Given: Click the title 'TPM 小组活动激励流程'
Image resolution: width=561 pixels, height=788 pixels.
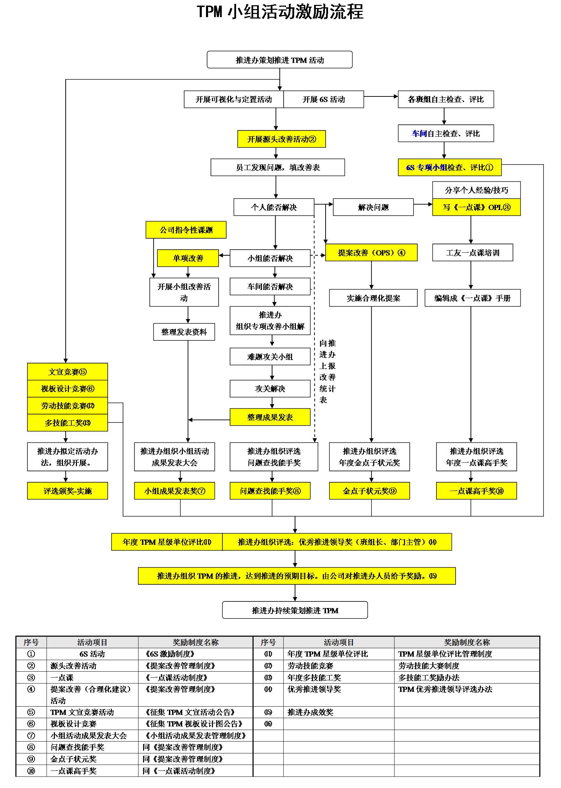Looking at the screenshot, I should pyautogui.click(x=280, y=12).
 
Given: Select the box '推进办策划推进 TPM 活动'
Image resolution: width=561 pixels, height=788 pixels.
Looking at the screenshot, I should pyautogui.click(x=279, y=60).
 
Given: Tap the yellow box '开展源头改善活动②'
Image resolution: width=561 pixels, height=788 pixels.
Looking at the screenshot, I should pyautogui.click(x=282, y=139).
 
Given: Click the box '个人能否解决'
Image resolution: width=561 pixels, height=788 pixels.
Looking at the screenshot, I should pyautogui.click(x=274, y=207).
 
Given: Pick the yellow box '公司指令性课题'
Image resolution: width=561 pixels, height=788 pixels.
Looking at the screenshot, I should pyautogui.click(x=186, y=230).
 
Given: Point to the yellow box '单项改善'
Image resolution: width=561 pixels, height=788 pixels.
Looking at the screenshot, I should pyautogui.click(x=188, y=258).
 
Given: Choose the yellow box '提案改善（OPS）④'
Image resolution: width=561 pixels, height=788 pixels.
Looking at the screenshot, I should pyautogui.click(x=371, y=253).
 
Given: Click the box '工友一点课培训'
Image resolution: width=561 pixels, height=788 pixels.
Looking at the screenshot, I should pyautogui.click(x=473, y=253).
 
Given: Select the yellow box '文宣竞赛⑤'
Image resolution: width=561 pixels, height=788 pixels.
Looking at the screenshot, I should pyautogui.click(x=68, y=372).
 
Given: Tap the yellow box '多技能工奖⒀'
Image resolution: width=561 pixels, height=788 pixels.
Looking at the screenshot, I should pyautogui.click(x=68, y=423).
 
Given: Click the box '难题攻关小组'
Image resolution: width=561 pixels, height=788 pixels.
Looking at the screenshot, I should pyautogui.click(x=270, y=357).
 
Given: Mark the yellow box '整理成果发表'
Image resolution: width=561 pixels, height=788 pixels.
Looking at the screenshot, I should pyautogui.click(x=270, y=417).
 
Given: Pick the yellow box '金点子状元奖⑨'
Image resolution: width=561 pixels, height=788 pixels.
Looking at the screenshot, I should pyautogui.click(x=369, y=491).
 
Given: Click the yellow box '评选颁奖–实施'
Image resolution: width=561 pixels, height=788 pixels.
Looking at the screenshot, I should pyautogui.click(x=68, y=491).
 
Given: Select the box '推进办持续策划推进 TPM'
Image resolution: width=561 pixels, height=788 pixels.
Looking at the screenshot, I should pyautogui.click(x=295, y=610).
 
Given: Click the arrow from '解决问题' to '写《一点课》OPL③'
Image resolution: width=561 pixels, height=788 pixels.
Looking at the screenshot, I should pyautogui.click(x=423, y=204).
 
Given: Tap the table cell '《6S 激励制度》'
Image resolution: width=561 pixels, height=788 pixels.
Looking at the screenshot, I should pyautogui.click(x=170, y=654).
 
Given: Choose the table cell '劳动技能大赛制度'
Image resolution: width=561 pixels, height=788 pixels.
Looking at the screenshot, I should pyautogui.click(x=429, y=666).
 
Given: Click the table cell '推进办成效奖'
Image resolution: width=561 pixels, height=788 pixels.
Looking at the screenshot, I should pyautogui.click(x=311, y=712).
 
